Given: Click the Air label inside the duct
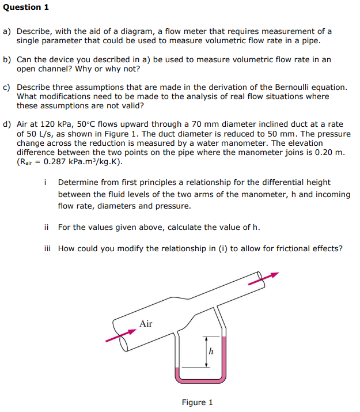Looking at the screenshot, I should click(146, 324).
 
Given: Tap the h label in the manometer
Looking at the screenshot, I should click(211, 350).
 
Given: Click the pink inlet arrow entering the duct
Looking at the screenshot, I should click(116, 338).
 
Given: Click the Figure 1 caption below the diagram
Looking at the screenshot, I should click(197, 402).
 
